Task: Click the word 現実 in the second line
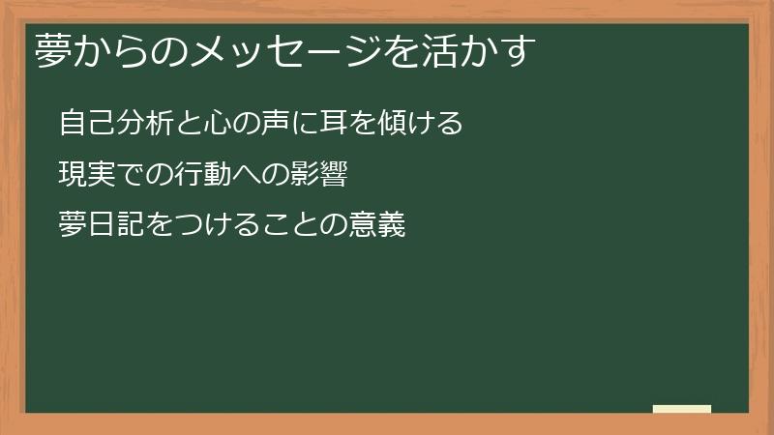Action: [85, 175]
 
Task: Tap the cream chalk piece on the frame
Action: [682, 409]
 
